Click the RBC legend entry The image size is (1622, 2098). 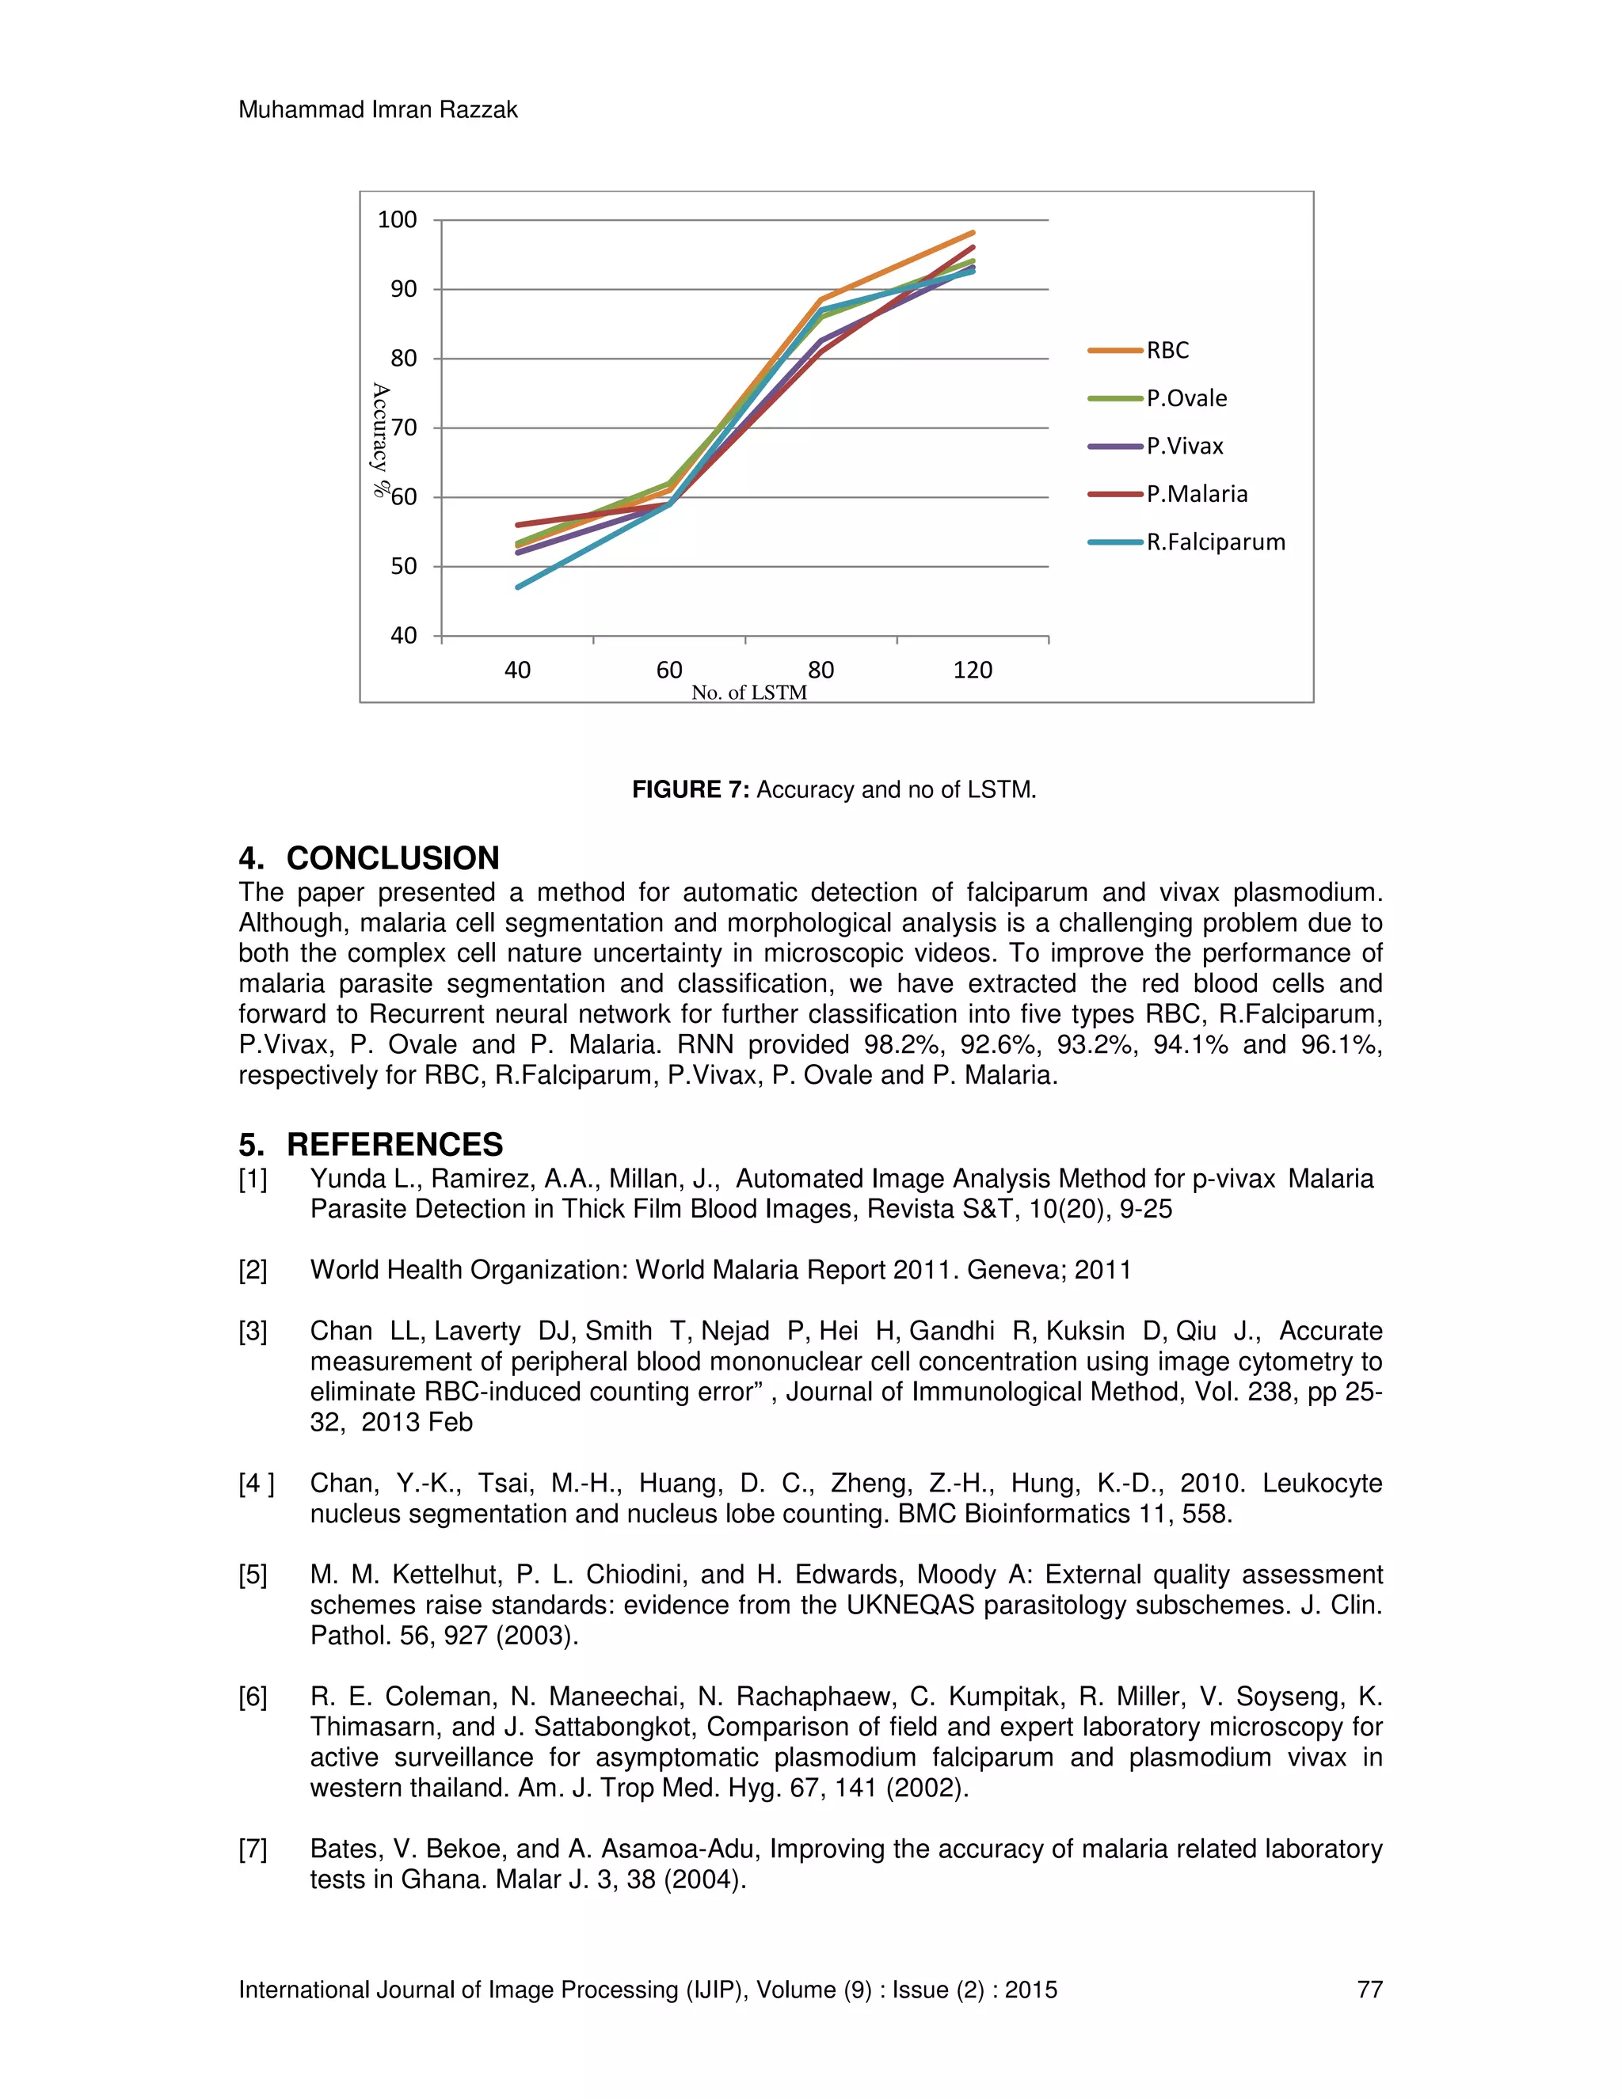pyautogui.click(x=1167, y=351)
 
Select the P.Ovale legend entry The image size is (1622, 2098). pyautogui.click(x=1186, y=399)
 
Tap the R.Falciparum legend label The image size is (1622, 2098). pyautogui.click(x=1215, y=543)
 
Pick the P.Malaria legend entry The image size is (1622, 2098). pyautogui.click(x=1197, y=495)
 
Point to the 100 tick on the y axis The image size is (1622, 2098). pyautogui.click(x=397, y=220)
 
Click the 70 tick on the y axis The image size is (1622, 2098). pyautogui.click(x=404, y=428)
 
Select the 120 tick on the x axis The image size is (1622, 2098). pyautogui.click(x=973, y=671)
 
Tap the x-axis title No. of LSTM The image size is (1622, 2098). pyautogui.click(x=748, y=693)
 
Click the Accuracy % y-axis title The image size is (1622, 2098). pyautogui.click(x=380, y=439)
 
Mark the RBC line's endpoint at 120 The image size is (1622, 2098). pyautogui.click(x=973, y=233)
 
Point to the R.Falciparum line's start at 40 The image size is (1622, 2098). pyautogui.click(x=518, y=587)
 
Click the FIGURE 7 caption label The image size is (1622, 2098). pyautogui.click(x=689, y=789)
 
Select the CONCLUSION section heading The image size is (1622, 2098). pyautogui.click(x=392, y=858)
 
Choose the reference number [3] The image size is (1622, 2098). pyautogui.click(x=253, y=1332)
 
